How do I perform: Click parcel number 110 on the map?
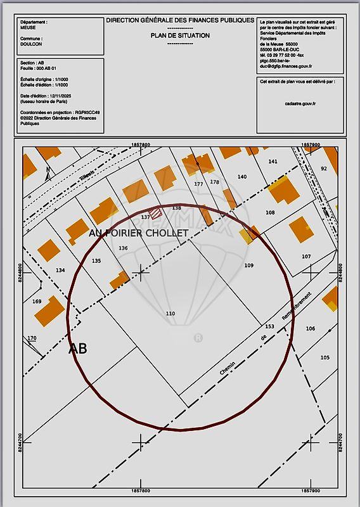[x=170, y=314]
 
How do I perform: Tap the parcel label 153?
[x=269, y=327]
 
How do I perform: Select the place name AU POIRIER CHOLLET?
[x=139, y=233]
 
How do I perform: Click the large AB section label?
[x=77, y=349]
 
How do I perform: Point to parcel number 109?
[x=248, y=266]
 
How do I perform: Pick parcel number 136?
[x=123, y=248]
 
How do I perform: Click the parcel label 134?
[x=60, y=271]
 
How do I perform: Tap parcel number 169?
[x=37, y=302]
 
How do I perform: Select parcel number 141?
[x=273, y=162]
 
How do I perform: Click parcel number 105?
[x=325, y=358]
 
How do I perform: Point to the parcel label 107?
[x=306, y=257]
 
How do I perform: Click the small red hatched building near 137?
[x=154, y=213]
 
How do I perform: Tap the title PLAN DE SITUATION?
[x=180, y=36]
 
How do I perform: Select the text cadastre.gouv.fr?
[x=300, y=103]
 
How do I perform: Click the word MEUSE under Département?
[x=28, y=28]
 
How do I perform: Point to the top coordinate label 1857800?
[x=141, y=144]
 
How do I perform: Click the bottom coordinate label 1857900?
[x=311, y=490]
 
